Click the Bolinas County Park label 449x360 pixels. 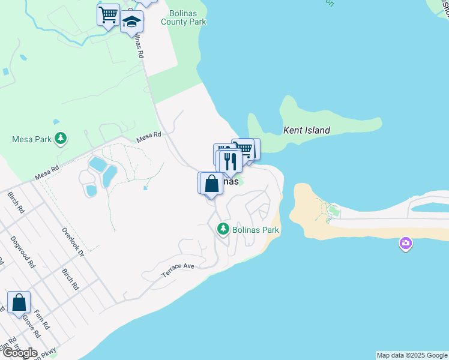pyautogui.click(x=184, y=17)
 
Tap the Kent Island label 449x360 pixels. pyautogui.click(x=307, y=130)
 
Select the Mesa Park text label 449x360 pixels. pyautogui.click(x=32, y=139)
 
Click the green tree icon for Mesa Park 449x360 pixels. pyautogui.click(x=60, y=139)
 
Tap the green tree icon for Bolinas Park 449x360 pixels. pyautogui.click(x=223, y=229)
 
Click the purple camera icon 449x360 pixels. pyautogui.click(x=406, y=244)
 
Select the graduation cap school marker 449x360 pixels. pyautogui.click(x=131, y=23)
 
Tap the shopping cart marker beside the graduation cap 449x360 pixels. pyautogui.click(x=109, y=14)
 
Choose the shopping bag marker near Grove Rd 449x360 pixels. pyautogui.click(x=19, y=302)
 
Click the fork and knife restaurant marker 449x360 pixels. pyautogui.click(x=229, y=160)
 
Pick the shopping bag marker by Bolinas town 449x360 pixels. pyautogui.click(x=211, y=183)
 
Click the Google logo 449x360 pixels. pyautogui.click(x=20, y=353)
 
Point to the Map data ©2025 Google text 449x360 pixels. pyautogui.click(x=412, y=355)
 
